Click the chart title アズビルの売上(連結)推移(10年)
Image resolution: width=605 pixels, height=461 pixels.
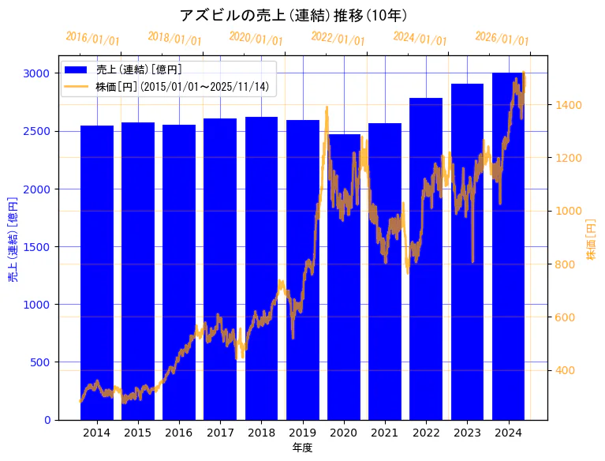point(293,15)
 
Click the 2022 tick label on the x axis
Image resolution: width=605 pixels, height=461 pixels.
point(426,433)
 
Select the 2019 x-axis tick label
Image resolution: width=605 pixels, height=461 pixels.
point(303,433)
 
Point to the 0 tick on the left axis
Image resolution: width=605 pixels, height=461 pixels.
point(47,420)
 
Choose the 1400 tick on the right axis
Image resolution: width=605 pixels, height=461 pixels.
point(569,105)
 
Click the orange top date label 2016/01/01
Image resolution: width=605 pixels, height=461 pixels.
point(92,39)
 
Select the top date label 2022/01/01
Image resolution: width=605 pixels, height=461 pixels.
point(338,39)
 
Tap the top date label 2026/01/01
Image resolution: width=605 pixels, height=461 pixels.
point(502,39)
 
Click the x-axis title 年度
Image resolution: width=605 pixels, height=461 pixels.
point(302,448)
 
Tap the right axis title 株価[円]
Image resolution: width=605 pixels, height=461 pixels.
point(592,241)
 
